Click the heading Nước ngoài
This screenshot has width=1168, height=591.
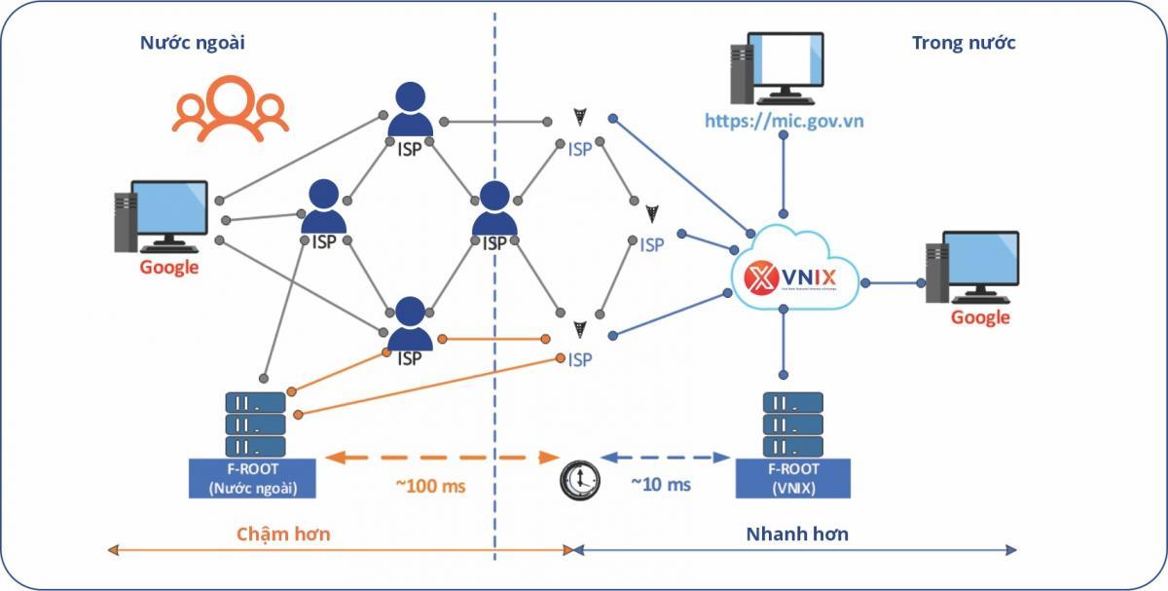(192, 43)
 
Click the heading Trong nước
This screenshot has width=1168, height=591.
(964, 43)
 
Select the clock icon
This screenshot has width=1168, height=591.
(580, 480)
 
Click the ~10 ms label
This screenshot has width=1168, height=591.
(661, 484)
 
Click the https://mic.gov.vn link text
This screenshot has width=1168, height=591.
(785, 121)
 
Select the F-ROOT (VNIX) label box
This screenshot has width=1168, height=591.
(795, 478)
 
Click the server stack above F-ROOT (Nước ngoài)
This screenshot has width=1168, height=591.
(255, 424)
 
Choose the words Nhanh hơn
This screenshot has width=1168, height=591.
(797, 534)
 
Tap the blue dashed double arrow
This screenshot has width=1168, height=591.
(666, 457)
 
